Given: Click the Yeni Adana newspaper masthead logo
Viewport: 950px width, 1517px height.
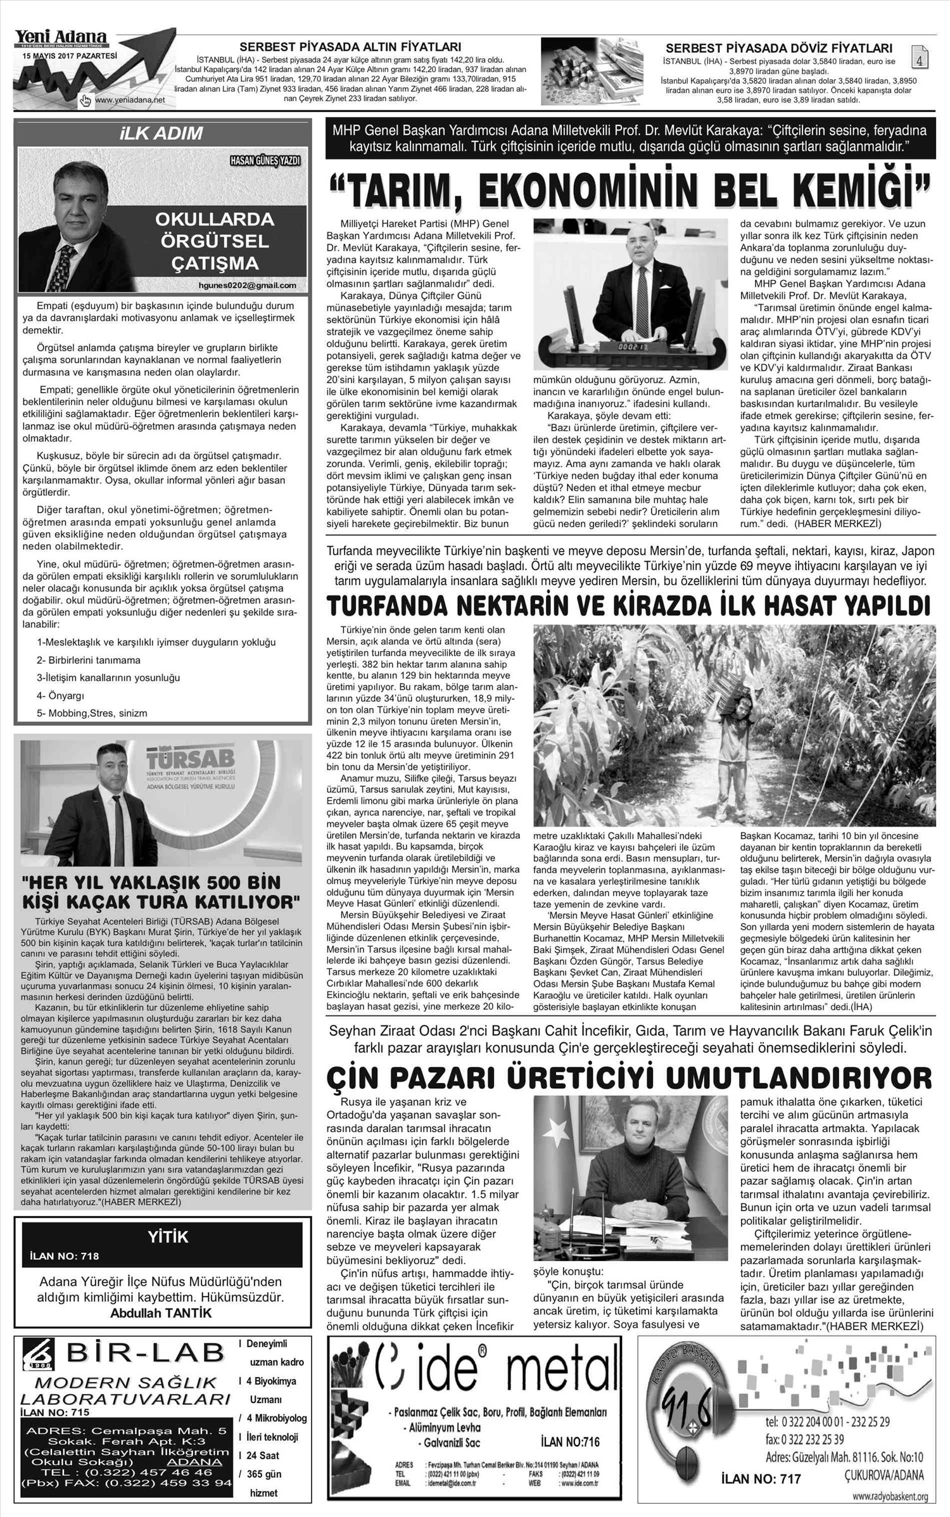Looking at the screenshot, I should coord(61,39).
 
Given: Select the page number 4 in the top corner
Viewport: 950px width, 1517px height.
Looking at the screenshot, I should coord(918,59).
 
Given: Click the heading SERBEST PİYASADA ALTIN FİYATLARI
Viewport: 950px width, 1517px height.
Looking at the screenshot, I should coord(350,47).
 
